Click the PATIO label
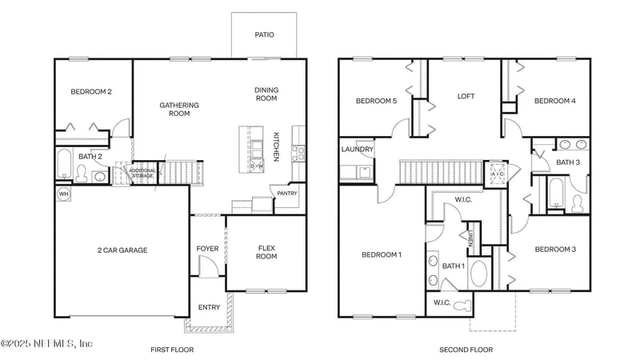tap(264, 34)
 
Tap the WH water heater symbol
tap(63, 193)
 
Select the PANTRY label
tap(286, 193)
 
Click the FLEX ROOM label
tap(266, 252)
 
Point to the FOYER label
tap(208, 249)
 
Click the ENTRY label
tap(209, 307)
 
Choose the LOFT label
tap(466, 96)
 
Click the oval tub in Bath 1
tap(479, 274)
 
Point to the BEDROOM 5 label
tap(376, 101)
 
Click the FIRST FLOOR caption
tap(172, 350)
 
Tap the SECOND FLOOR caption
tap(466, 350)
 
